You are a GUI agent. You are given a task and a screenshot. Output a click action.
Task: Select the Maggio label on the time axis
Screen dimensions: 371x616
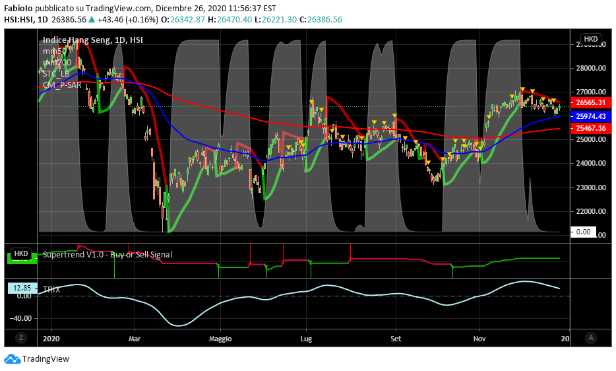pos(220,339)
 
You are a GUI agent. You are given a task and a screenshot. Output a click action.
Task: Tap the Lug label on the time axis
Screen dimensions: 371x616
pos(306,339)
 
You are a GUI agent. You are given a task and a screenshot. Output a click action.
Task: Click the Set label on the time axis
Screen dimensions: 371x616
pos(396,339)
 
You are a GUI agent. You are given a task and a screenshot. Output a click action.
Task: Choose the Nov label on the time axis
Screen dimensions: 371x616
pos(480,339)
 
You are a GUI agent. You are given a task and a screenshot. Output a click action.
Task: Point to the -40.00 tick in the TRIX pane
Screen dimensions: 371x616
pos(22,318)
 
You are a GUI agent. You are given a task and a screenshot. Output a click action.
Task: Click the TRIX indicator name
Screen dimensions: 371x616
pos(51,289)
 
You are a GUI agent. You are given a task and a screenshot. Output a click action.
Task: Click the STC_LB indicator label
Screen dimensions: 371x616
pos(56,73)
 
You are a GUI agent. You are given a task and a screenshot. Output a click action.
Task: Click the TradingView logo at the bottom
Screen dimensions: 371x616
pos(37,359)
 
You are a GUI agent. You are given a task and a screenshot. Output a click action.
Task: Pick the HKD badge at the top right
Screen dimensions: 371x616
pos(590,39)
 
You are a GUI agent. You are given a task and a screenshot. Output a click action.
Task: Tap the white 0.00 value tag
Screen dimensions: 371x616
pos(584,232)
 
